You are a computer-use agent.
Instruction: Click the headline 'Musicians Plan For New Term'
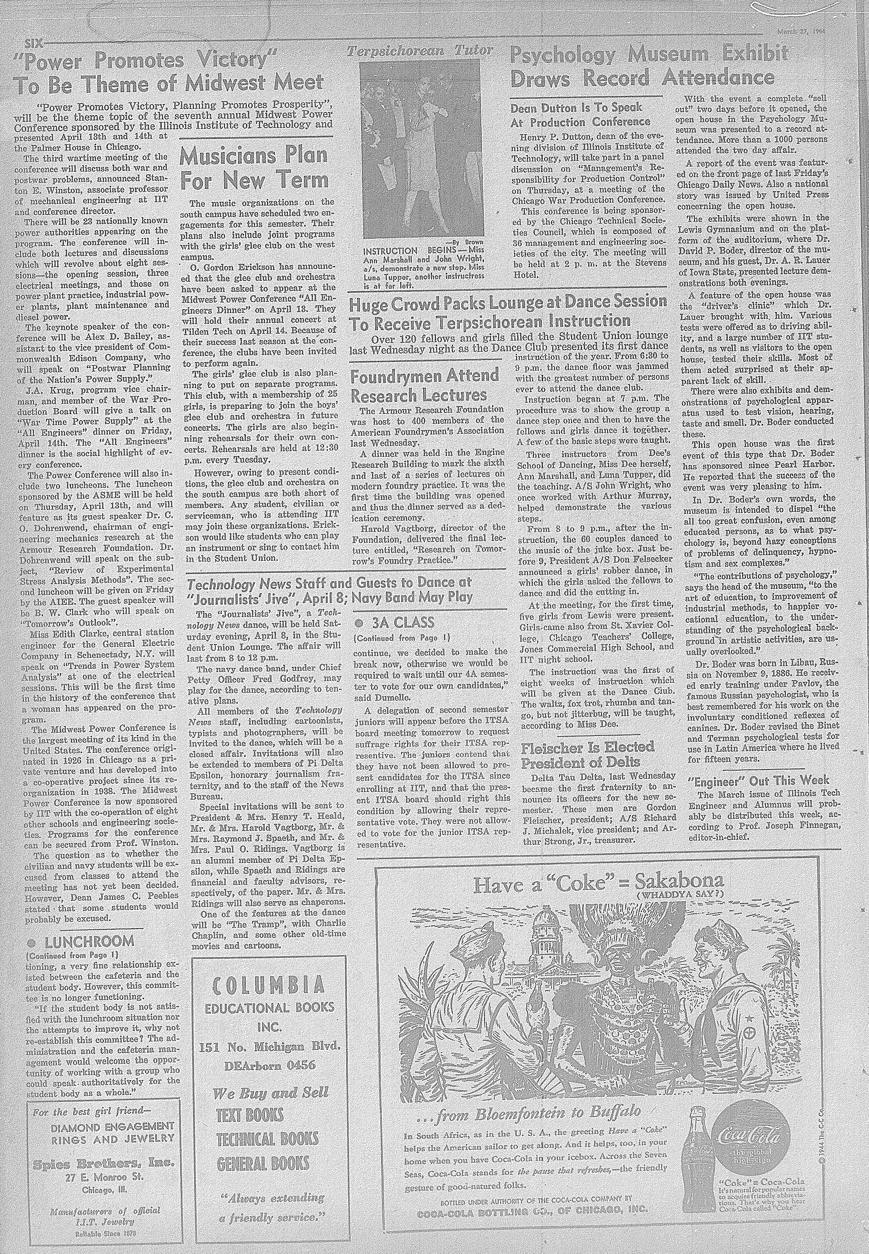[254, 169]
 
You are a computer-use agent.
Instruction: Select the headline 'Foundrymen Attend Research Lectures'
[425, 385]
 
